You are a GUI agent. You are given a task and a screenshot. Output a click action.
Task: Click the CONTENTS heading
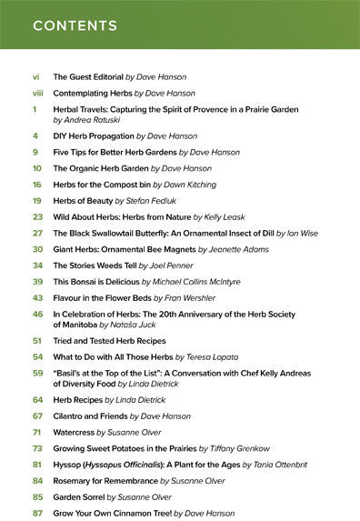[x=76, y=26]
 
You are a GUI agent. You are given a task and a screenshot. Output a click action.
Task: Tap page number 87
[x=37, y=514]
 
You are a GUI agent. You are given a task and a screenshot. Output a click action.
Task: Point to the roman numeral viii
[x=37, y=93]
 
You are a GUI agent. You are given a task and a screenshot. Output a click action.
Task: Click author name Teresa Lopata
[x=215, y=356]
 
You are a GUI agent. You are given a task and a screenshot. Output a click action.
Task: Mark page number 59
[x=37, y=372]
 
